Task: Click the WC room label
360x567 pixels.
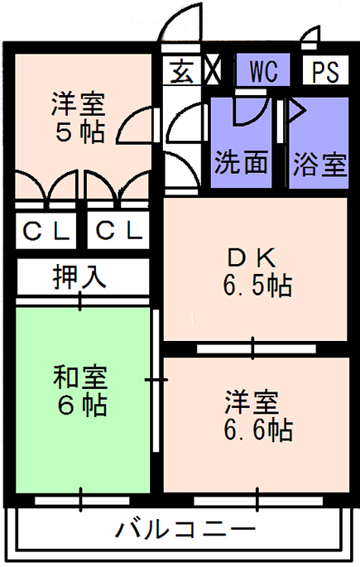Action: [x=263, y=71]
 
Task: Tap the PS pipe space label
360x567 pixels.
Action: [x=326, y=71]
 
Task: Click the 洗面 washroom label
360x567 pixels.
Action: [x=241, y=161]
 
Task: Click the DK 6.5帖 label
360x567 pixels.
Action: [x=257, y=272]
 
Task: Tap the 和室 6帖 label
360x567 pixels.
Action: [x=80, y=391]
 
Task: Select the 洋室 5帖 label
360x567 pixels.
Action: [x=79, y=118]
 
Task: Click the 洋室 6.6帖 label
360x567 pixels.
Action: [x=258, y=416]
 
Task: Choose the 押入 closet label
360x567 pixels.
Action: [x=80, y=277]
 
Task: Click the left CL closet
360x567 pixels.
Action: [x=46, y=230]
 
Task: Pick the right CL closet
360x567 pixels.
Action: [x=118, y=230]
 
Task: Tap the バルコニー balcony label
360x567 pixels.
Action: [x=185, y=530]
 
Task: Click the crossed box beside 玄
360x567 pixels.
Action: [x=213, y=69]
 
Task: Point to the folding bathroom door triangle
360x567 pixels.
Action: [x=296, y=111]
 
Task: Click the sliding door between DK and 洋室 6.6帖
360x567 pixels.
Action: [x=256, y=349]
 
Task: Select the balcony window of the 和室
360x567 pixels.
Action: [x=82, y=501]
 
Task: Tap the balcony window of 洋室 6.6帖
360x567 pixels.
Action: [x=258, y=501]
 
